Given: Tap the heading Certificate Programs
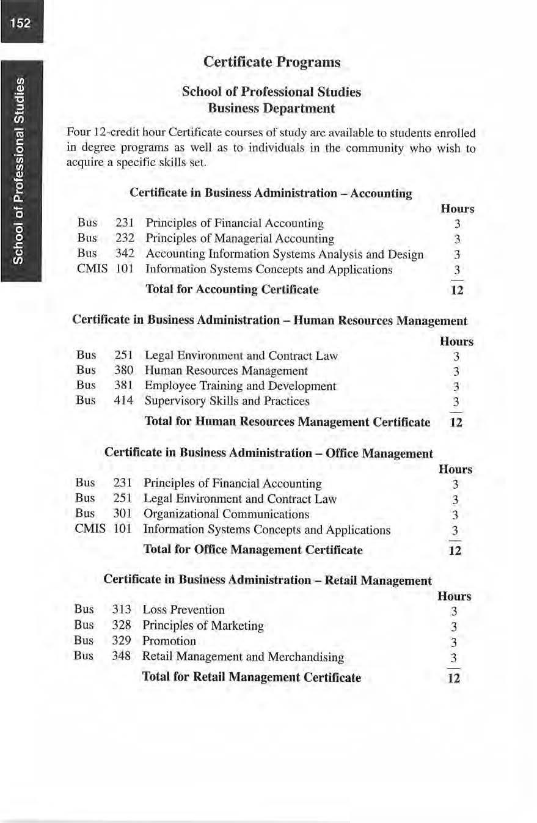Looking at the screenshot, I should point(271,62).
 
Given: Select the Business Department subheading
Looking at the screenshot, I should point(271,109).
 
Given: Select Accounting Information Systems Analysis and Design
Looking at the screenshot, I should point(284,254).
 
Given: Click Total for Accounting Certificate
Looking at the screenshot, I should point(233,289).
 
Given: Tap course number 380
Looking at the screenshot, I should point(124,370).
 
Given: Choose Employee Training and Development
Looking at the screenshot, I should point(240,386).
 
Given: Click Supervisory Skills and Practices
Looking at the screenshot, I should point(227,401).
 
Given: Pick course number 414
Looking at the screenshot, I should point(124,401).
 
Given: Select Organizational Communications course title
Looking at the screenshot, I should point(226,514).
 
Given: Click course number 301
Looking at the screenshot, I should point(123,514).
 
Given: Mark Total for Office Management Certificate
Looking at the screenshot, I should point(252,550).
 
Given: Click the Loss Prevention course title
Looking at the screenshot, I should point(183,610).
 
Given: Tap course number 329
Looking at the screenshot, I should point(122,641).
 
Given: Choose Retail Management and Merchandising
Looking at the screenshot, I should point(243,657).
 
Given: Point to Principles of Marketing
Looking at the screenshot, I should point(203,626).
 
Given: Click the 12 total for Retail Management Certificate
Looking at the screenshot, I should point(453,678).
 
